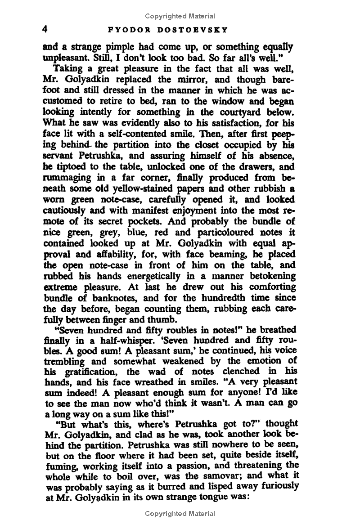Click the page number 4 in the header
[45, 29]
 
